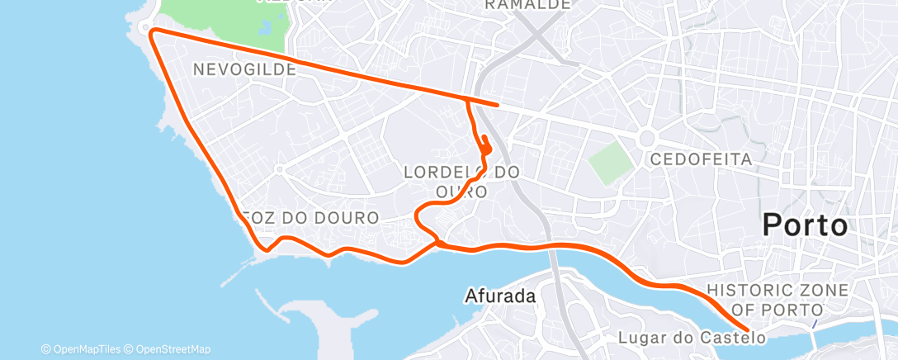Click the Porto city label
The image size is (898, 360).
pyautogui.click(x=805, y=225)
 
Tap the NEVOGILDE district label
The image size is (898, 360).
pyautogui.click(x=244, y=70)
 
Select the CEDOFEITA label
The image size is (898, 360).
pyautogui.click(x=701, y=159)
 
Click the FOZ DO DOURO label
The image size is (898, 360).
pyautogui.click(x=311, y=218)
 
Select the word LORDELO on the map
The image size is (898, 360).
pyautogui.click(x=442, y=173)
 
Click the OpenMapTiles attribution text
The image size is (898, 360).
pyautogui.click(x=87, y=349)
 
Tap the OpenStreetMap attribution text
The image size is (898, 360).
pyautogui.click(x=173, y=349)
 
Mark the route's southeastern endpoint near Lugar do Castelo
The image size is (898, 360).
pyautogui.click(x=747, y=329)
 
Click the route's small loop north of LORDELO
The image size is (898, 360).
pyautogui.click(x=485, y=147)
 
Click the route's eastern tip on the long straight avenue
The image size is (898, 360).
pyautogui.click(x=497, y=105)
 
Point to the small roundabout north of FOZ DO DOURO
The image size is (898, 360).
pyautogui.click(x=279, y=169)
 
